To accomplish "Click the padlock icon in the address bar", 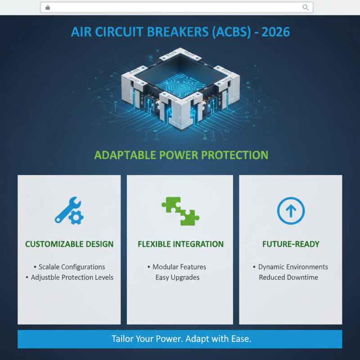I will pos(48,7).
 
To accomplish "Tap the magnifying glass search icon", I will pos(306,7).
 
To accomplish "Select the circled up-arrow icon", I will pos(291,211).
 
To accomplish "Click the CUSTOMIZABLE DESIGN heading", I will pos(69,244).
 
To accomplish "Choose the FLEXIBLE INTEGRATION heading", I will pos(180,244).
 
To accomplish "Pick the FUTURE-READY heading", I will pos(291,244).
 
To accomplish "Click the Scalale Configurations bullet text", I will pos(72,267).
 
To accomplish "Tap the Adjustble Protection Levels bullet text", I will pos(72,277).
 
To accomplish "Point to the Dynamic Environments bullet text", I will pos(293,267).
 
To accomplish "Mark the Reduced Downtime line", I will pos(288,277).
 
